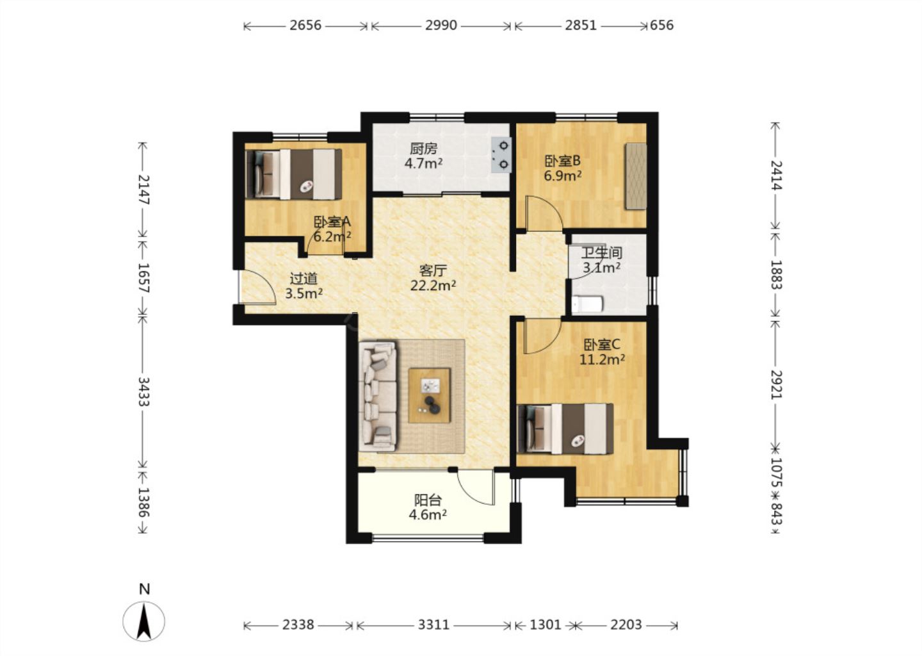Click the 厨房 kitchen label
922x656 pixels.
click(x=424, y=149)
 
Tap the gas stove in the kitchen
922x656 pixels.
click(x=501, y=155)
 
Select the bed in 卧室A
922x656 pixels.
click(x=293, y=174)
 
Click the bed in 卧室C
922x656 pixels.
click(x=565, y=429)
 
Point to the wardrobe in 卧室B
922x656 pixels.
click(x=635, y=176)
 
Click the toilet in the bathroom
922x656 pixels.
click(x=587, y=304)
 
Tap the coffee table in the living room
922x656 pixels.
click(x=429, y=395)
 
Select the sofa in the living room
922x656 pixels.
click(x=378, y=396)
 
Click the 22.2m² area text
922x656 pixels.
click(x=433, y=285)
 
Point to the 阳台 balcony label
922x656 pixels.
click(x=428, y=500)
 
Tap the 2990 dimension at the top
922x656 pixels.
click(x=441, y=26)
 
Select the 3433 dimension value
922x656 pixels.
click(x=143, y=391)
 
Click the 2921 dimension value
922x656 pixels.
click(x=776, y=384)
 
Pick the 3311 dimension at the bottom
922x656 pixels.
click(x=434, y=625)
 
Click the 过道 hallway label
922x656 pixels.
click(x=303, y=279)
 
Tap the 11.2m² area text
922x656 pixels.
click(x=603, y=359)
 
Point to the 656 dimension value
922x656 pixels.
click(x=662, y=26)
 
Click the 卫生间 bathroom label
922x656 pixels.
click(x=601, y=253)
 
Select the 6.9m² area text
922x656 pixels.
click(x=563, y=176)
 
